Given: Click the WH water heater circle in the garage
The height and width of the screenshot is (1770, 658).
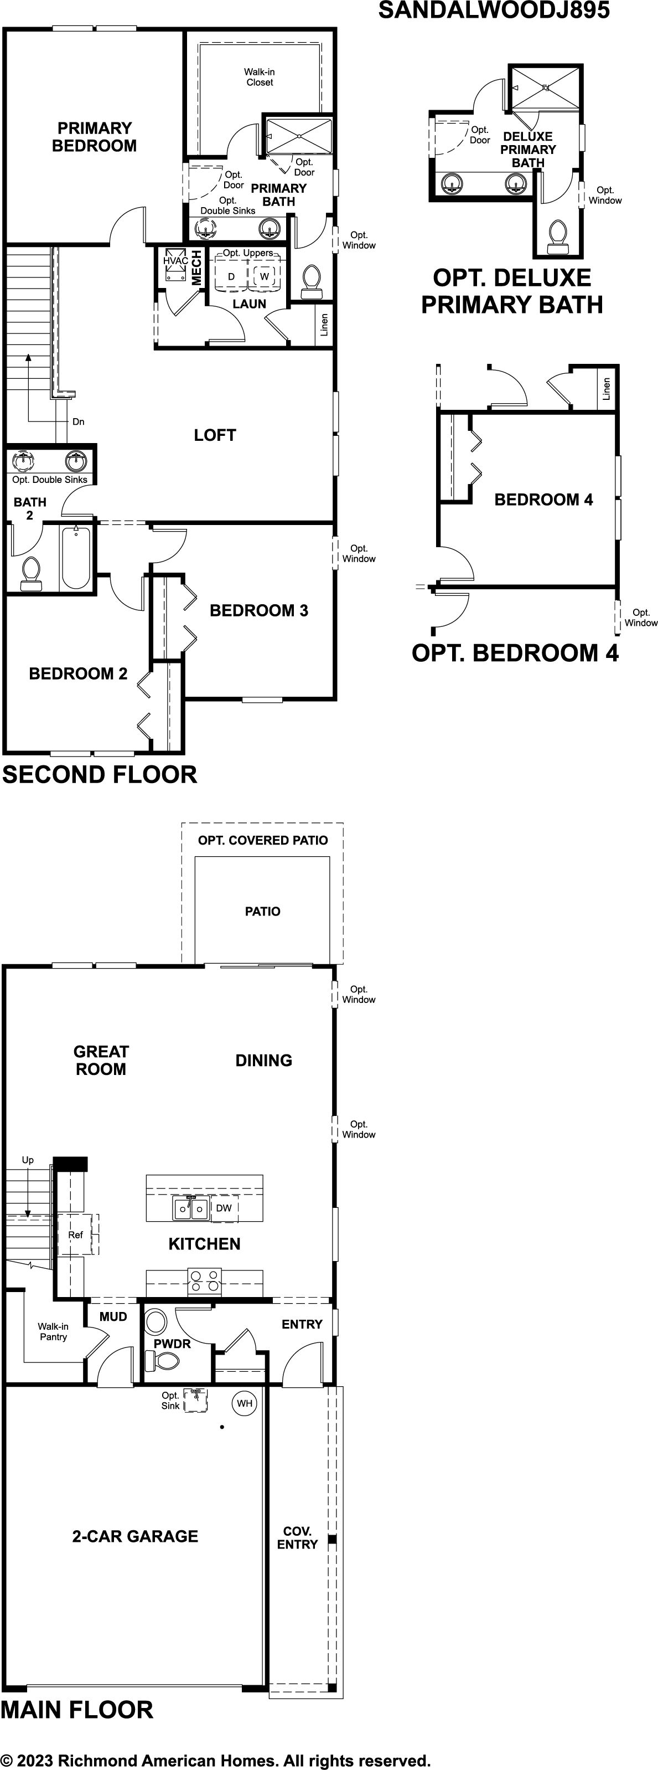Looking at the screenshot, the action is [245, 1403].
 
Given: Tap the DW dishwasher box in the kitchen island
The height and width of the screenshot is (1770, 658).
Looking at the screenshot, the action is [224, 1208].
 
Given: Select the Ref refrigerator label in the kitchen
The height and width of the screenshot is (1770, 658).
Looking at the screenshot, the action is [76, 1235].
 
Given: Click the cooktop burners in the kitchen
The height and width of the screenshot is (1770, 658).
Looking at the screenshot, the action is [205, 1282].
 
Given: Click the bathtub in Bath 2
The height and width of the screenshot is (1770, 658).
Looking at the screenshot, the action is [76, 557].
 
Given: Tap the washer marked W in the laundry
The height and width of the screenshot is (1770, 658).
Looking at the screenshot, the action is [265, 276].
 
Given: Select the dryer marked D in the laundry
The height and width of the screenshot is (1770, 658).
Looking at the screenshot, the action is [231, 276].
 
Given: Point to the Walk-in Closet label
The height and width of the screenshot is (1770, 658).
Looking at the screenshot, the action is [260, 77].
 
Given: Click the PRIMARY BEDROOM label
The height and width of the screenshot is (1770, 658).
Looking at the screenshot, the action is [94, 137].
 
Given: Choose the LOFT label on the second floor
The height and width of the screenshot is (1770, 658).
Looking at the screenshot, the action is [215, 435].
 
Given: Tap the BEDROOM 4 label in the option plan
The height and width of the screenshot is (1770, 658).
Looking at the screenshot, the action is [543, 500].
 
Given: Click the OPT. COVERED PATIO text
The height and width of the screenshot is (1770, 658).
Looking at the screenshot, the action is [263, 840].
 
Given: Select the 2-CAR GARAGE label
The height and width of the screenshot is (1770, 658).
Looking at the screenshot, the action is [136, 1536].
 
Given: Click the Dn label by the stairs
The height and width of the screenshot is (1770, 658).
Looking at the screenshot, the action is [78, 421].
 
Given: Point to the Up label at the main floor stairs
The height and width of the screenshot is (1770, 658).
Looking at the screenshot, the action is [28, 1160].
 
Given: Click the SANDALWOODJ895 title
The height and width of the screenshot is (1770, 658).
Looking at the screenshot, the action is [494, 11].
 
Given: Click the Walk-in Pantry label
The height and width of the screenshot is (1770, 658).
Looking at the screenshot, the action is [53, 1331].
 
